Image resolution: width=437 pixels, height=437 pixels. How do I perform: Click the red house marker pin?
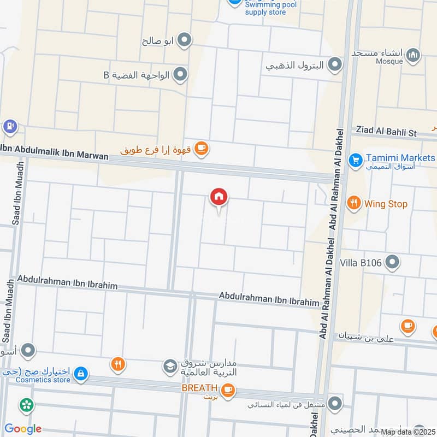[x=219, y=197]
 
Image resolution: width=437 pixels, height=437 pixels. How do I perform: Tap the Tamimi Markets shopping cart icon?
[x=356, y=160]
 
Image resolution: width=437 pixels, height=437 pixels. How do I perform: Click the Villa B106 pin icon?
[x=392, y=263]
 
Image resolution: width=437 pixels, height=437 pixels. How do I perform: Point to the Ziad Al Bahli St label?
[x=386, y=132]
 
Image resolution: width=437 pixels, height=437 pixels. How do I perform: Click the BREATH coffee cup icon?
[x=228, y=389]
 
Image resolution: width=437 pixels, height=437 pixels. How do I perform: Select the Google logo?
[x=22, y=429]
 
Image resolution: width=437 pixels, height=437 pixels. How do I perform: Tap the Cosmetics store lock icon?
[x=80, y=374]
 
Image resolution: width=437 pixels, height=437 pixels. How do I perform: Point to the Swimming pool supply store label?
[x=265, y=8]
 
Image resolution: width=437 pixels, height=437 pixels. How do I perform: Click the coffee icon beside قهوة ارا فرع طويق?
[x=202, y=148]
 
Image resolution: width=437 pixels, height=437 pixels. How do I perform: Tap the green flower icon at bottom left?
[x=25, y=405]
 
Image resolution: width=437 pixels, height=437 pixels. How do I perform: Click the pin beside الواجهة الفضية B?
[x=181, y=74]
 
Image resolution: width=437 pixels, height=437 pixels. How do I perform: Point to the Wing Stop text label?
[x=386, y=204]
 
